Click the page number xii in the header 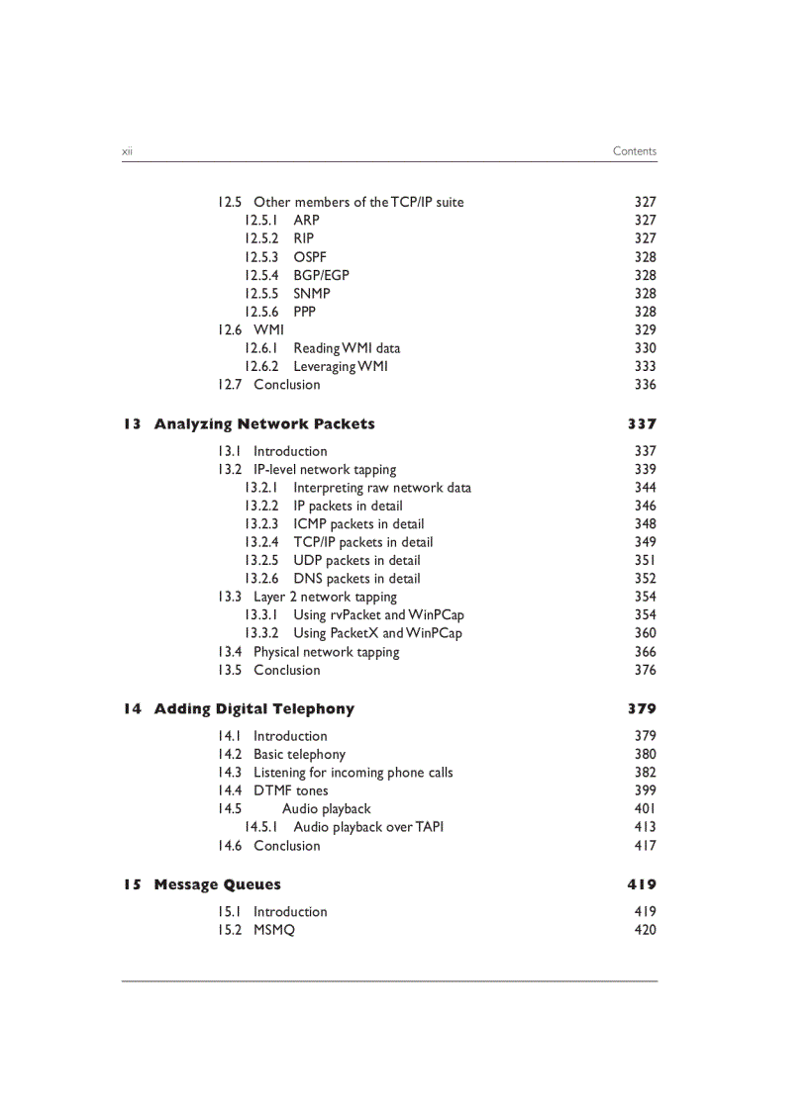[x=127, y=151]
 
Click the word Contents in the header [x=634, y=151]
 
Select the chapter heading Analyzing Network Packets [x=264, y=424]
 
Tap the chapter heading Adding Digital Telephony [x=253, y=709]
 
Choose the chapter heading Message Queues [x=217, y=885]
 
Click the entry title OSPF [x=309, y=257]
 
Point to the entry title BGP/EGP [x=321, y=275]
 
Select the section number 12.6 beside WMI [x=230, y=329]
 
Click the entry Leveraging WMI [x=341, y=366]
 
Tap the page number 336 [x=645, y=385]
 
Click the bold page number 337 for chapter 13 [x=642, y=424]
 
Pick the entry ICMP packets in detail [x=358, y=524]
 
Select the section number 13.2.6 [x=261, y=579]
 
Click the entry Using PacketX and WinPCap [x=377, y=633]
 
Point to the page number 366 [x=645, y=652]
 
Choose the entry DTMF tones [x=290, y=790]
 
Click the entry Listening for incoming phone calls [x=353, y=773]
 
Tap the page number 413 [x=645, y=827]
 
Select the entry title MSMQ [x=273, y=930]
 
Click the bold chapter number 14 [x=133, y=709]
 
